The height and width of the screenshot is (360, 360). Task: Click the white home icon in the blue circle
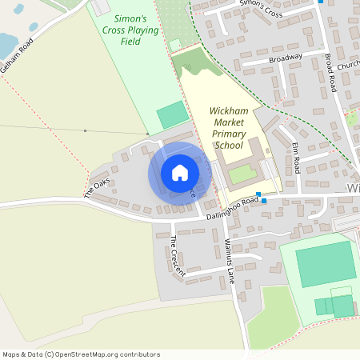pos(180,173)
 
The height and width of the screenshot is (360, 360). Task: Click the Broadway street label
pos(286,58)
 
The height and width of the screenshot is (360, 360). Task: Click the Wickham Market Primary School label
pos(228,128)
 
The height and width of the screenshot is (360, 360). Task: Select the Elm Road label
pos(296,158)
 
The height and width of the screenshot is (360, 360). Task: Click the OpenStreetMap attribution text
pos(80,354)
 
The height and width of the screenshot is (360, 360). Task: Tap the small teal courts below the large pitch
pos(334,306)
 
